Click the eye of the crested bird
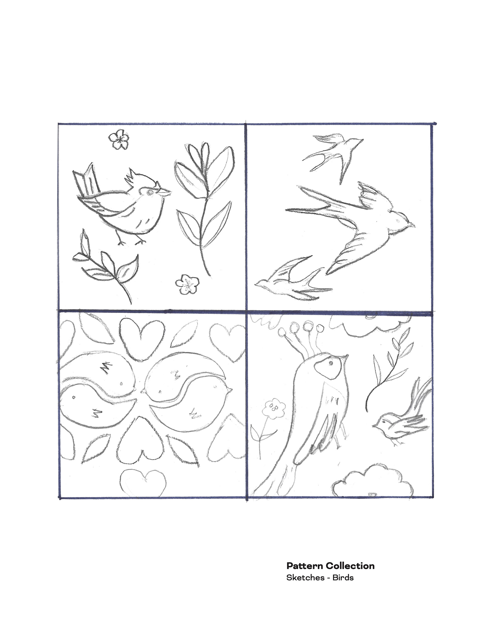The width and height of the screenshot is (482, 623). (x=149, y=193)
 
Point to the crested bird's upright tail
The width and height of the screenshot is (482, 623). (x=87, y=180)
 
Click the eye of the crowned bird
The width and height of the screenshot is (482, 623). (x=331, y=363)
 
